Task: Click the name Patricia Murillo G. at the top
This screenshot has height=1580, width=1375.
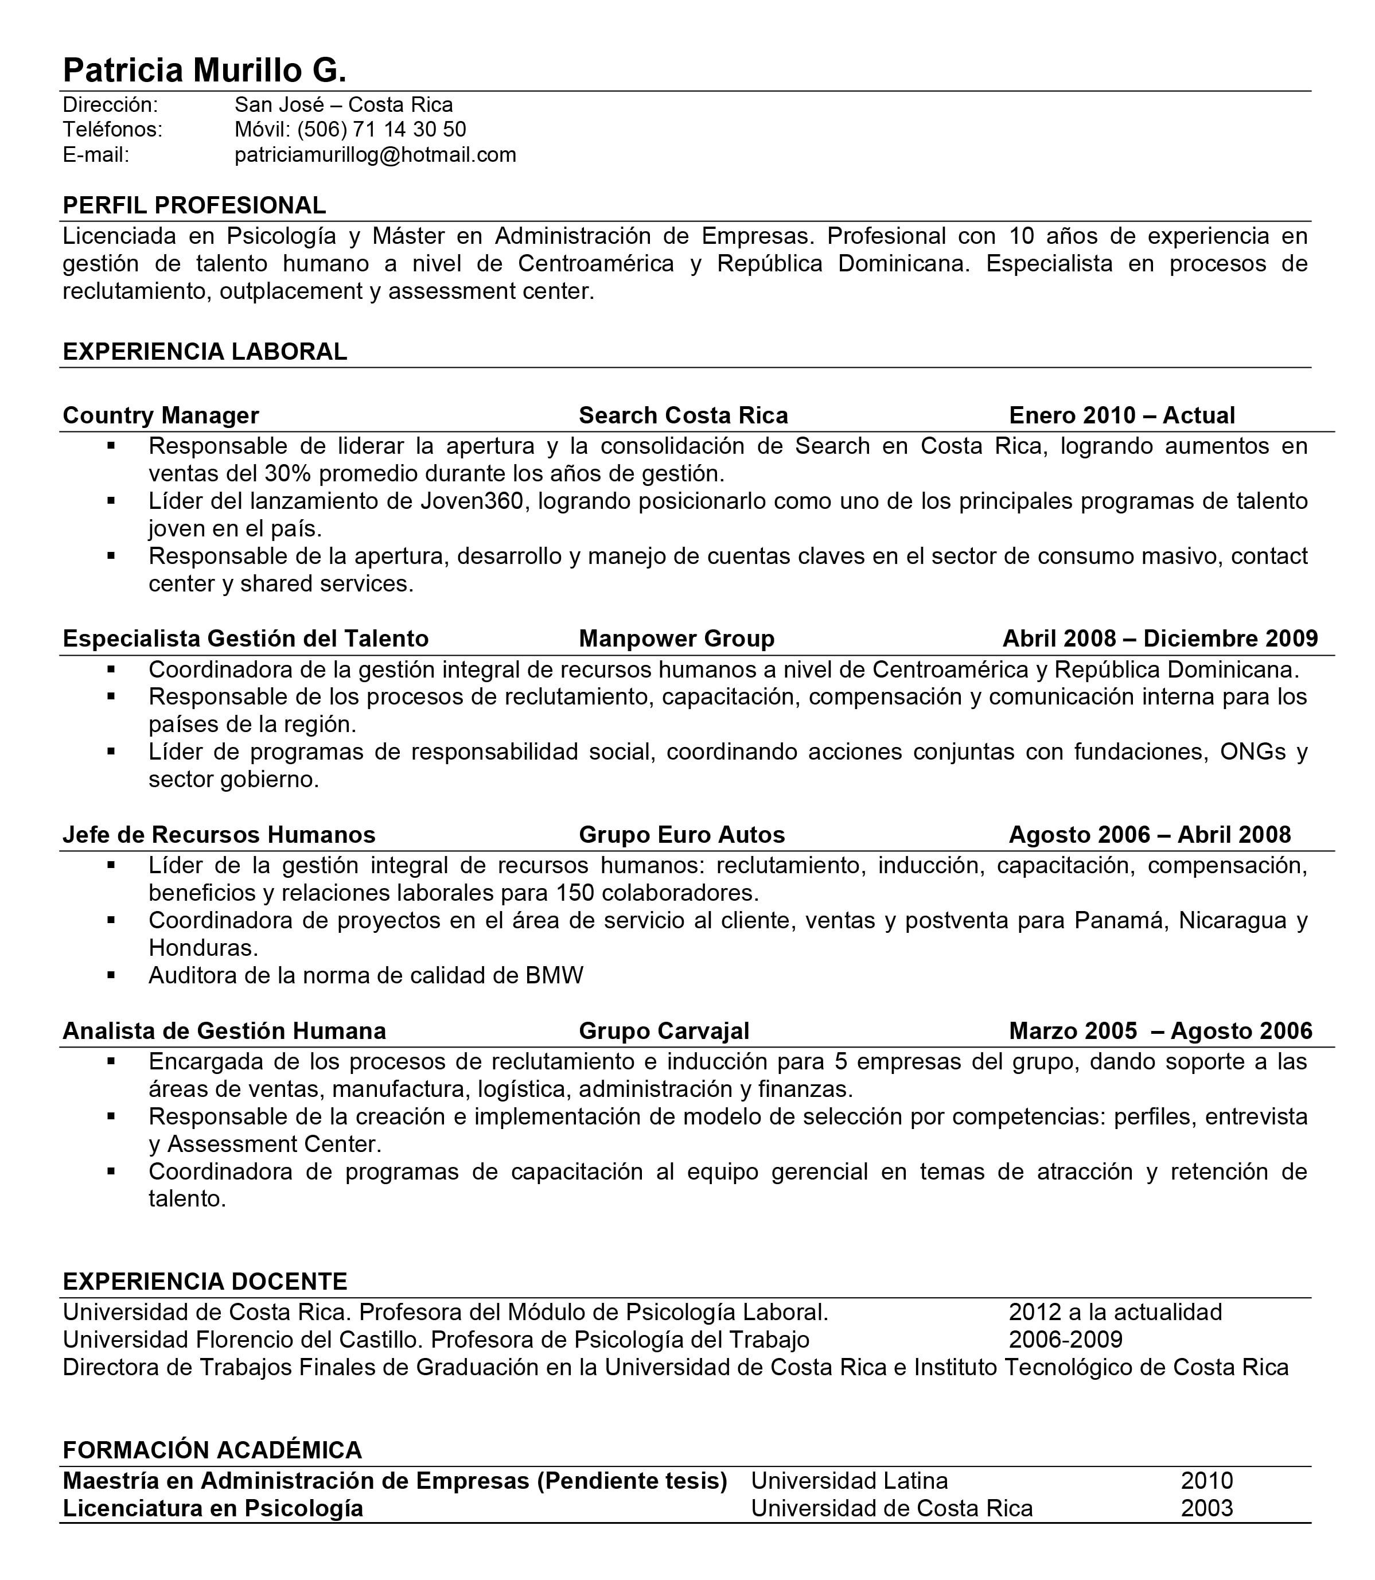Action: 204,70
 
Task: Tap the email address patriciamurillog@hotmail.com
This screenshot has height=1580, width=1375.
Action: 375,155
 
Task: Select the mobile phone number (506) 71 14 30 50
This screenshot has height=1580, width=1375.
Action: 381,129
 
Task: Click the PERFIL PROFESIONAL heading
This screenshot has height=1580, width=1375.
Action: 194,205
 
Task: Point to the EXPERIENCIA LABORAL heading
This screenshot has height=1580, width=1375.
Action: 205,352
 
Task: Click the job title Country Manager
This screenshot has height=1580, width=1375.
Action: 161,415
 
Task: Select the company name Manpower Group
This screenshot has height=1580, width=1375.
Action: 676,639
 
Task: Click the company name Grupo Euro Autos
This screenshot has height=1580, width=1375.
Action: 681,834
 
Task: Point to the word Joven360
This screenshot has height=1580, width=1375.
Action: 472,501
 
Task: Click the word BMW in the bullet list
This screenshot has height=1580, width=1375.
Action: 554,975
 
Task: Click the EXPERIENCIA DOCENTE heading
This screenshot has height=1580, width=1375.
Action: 205,1282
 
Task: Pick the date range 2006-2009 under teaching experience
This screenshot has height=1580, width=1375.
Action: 1065,1339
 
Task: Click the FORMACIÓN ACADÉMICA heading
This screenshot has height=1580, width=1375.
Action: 212,1450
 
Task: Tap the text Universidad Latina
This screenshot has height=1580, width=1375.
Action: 850,1480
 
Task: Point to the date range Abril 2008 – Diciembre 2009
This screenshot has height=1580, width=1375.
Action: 1159,639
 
